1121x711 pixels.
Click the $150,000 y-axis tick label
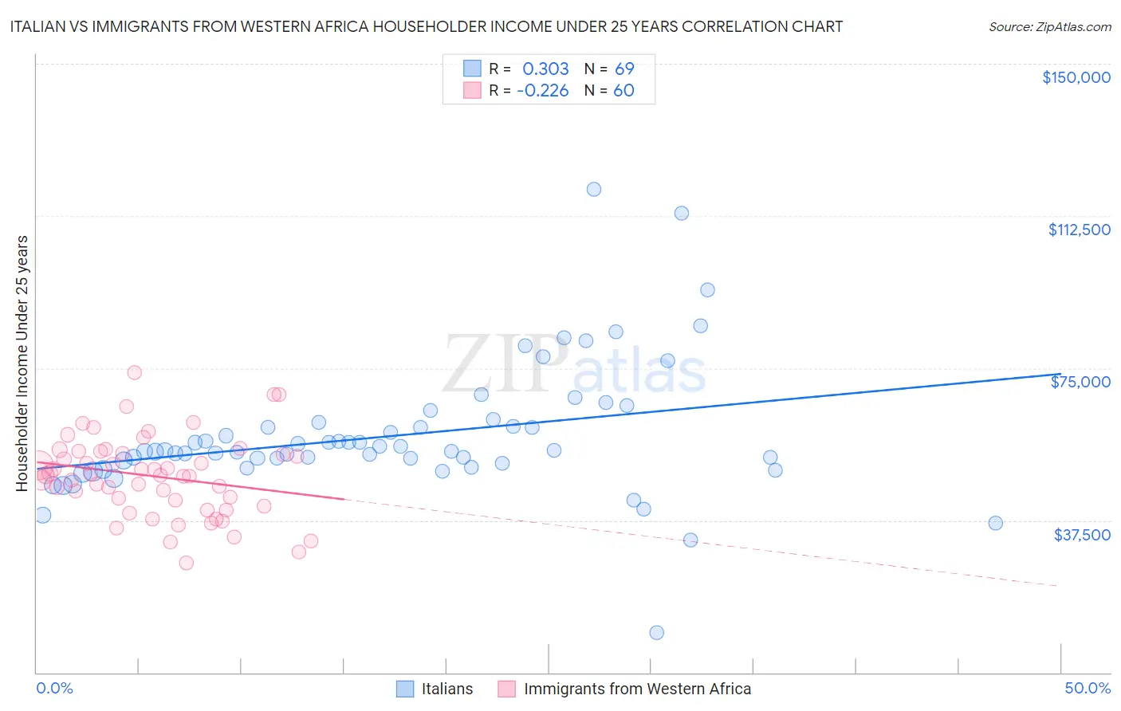(1076, 77)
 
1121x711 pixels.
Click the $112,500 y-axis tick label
(1079, 230)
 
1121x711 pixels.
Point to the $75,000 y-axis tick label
(1080, 382)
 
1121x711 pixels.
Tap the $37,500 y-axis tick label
(1082, 535)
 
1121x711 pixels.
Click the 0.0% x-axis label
(54, 688)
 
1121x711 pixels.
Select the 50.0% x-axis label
(1087, 688)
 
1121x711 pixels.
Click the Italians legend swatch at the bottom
(405, 689)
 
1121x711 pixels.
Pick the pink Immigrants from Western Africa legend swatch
(506, 689)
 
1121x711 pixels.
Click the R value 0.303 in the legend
(545, 69)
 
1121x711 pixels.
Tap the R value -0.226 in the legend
(542, 90)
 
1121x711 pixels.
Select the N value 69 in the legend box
(624, 69)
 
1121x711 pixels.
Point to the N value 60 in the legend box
(623, 90)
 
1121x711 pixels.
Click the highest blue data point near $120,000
(593, 189)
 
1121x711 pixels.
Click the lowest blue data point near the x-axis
(656, 632)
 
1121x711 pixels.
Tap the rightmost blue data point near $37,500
(995, 523)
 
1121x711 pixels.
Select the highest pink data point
(134, 372)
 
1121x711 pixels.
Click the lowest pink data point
(186, 563)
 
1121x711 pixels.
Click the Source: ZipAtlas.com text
(1049, 26)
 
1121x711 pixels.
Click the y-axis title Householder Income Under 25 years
(22, 363)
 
